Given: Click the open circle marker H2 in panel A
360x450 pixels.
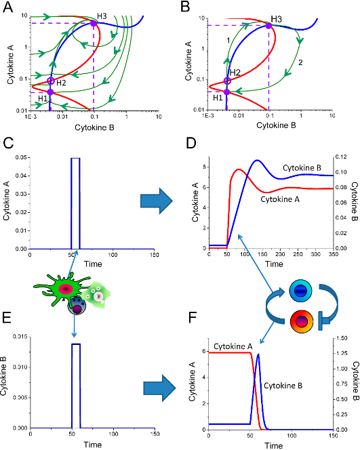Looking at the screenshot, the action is point(51,81).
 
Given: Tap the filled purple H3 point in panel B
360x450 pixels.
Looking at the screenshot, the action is point(268,26).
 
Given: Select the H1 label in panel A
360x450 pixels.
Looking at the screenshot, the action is point(43,98).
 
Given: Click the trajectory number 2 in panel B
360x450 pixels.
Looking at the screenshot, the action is point(300,62).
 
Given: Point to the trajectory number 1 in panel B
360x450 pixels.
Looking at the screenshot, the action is point(228,40).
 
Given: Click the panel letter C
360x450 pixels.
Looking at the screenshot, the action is point(7,143).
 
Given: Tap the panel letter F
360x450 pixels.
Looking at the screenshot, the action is point(193,318).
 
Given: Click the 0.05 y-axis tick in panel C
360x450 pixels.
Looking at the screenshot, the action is point(21,157).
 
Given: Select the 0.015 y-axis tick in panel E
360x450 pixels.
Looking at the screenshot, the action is point(20,337).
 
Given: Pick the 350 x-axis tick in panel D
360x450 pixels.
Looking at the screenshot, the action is point(334,254).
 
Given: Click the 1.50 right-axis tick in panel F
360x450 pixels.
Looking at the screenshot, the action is point(342,338).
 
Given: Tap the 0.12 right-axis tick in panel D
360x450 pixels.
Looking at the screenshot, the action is point(341,157).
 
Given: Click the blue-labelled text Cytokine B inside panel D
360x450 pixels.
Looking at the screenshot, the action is point(302,168).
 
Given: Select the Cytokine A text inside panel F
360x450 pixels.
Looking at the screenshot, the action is point(233,347).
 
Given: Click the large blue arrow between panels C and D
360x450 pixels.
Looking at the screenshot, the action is point(157,201).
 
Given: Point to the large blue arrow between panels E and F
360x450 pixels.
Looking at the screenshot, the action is point(159,388).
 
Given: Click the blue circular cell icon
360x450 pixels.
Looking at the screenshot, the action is point(300,291).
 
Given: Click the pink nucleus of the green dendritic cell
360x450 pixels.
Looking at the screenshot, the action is point(66,289).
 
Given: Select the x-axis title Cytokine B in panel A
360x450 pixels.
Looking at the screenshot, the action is point(94,127).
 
